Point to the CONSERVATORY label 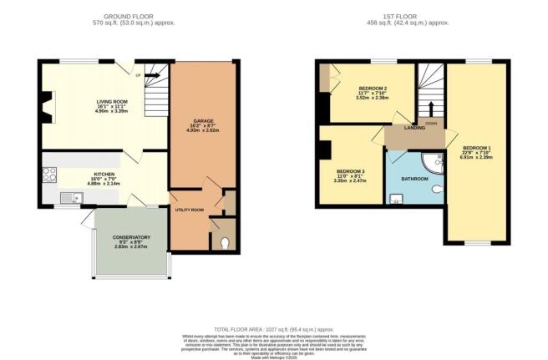(132, 237)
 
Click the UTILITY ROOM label (190, 210)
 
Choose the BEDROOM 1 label (477, 148)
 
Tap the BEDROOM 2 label (374, 88)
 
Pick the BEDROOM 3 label (352, 172)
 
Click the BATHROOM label (414, 179)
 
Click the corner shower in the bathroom (433, 160)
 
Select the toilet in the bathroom (436, 189)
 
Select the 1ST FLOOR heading (413, 16)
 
